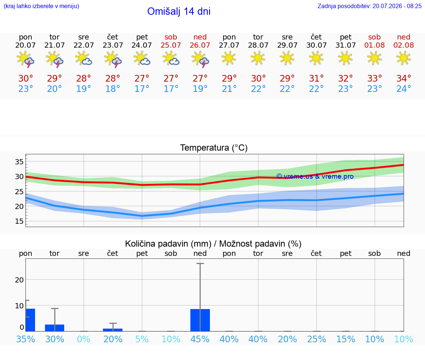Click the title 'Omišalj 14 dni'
pyautogui.click(x=179, y=11)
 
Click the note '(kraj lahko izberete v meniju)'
pyautogui.click(x=41, y=6)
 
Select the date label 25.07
pyautogui.click(x=171, y=45)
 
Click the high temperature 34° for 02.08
pyautogui.click(x=404, y=78)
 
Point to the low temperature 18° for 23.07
pyautogui.click(x=113, y=89)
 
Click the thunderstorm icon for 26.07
pyautogui.click(x=200, y=59)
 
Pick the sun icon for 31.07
pyautogui.click(x=345, y=58)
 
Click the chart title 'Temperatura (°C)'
pyautogui.click(x=214, y=148)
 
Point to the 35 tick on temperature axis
pyautogui.click(x=19, y=162)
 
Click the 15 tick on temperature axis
pyautogui.click(x=19, y=222)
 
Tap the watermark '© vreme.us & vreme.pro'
pyautogui.click(x=315, y=176)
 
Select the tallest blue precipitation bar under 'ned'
pyautogui.click(x=200, y=320)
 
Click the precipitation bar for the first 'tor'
pyautogui.click(x=55, y=328)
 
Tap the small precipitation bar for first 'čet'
pyautogui.click(x=113, y=330)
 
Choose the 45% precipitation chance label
pyautogui.click(x=200, y=339)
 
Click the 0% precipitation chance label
pyautogui.click(x=83, y=339)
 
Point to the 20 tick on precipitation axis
pyautogui.click(x=19, y=280)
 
